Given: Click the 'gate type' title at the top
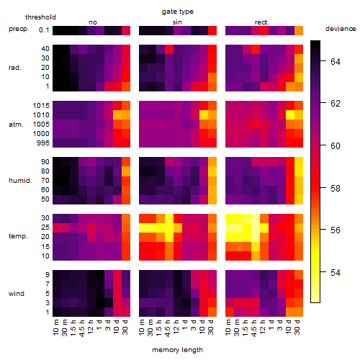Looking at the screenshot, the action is click(178, 12).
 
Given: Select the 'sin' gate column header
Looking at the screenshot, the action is click(177, 22).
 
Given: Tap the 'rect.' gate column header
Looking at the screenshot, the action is click(261, 22).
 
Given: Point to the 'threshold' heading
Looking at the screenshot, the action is click(40, 17).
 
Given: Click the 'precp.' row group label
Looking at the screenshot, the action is click(19, 29).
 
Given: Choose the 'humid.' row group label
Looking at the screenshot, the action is click(20, 181).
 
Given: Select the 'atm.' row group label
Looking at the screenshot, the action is click(16, 125).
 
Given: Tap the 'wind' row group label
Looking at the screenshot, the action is click(17, 294).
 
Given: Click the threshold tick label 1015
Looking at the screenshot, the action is click(41, 106).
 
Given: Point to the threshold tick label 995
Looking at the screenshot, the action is click(43, 143).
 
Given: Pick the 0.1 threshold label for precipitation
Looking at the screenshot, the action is click(44, 30).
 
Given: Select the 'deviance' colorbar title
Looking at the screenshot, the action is click(341, 29).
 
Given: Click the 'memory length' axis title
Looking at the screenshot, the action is click(178, 350).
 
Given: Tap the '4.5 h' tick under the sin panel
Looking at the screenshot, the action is click(168, 328).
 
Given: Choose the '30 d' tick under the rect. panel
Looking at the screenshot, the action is click(297, 328).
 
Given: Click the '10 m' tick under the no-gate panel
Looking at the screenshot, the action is click(56, 328).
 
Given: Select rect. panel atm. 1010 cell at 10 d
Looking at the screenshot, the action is click(290, 115).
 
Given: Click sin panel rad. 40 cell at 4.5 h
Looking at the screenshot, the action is click(169, 50).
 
